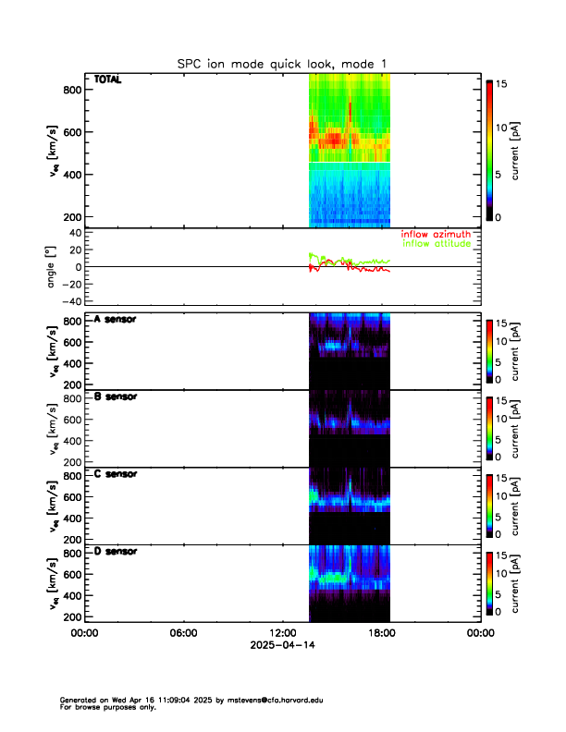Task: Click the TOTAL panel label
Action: [108, 80]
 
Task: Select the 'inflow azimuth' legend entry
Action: [436, 235]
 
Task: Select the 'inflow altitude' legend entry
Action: [436, 245]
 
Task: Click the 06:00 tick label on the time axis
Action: [183, 633]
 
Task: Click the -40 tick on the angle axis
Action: [68, 301]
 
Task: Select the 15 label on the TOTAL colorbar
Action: [504, 84]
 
